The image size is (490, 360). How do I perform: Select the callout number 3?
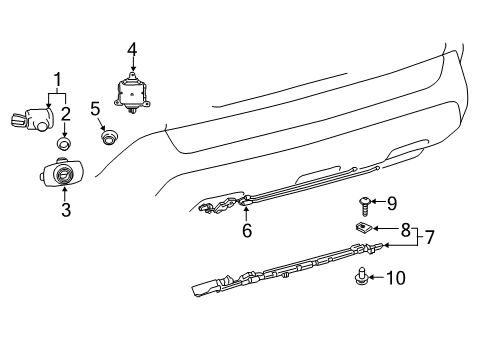click(65, 209)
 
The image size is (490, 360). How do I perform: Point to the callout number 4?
click(130, 47)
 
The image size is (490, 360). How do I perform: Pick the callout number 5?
click(95, 108)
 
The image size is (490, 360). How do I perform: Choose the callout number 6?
click(246, 230)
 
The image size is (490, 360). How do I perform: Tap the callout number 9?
click(393, 202)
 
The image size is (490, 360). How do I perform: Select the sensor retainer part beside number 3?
click(62, 175)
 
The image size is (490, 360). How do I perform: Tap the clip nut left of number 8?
click(363, 231)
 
